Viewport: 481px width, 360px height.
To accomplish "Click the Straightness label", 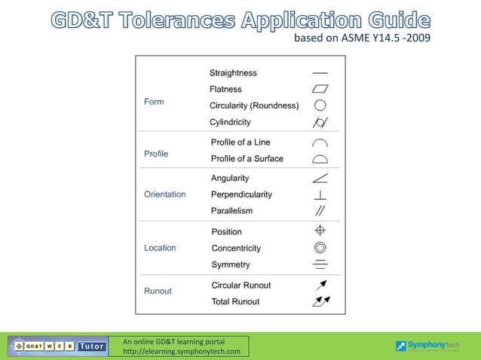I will (233, 73).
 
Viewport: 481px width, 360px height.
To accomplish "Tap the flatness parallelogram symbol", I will (320, 90).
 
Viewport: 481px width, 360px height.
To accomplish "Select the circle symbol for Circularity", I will (320, 105).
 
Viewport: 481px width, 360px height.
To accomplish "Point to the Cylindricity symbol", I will (320, 122).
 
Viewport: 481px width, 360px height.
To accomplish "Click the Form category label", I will (154, 102).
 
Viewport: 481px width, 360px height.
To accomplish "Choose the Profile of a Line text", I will (240, 142).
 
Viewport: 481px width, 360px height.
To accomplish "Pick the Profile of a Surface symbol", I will (320, 159).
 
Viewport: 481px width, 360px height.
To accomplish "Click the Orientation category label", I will (164, 194).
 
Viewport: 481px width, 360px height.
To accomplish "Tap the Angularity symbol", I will (320, 178).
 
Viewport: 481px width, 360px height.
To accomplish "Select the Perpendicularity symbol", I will (320, 195).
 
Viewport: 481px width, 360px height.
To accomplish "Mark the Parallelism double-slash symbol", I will (320, 211).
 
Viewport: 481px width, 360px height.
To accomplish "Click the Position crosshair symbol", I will (320, 230).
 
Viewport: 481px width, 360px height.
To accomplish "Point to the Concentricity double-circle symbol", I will (320, 247).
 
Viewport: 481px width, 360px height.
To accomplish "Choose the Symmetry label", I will (231, 264).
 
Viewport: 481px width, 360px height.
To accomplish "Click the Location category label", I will (160, 248).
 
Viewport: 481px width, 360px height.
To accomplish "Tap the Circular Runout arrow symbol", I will (320, 285).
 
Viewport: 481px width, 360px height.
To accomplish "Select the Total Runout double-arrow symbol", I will (320, 302).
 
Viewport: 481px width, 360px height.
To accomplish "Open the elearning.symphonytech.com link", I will (182, 352).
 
